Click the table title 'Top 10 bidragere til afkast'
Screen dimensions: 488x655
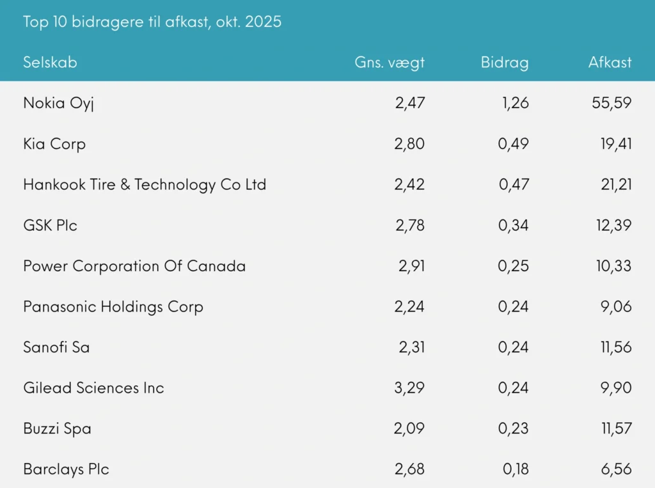152,22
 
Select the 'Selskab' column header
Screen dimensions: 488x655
50,62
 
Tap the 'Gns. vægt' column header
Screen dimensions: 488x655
390,63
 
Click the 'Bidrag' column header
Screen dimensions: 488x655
505,62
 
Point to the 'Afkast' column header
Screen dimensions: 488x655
610,62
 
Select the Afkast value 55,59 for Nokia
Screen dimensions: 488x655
613,103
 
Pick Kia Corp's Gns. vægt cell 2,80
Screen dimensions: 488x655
409,144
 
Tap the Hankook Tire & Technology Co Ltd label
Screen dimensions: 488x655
145,185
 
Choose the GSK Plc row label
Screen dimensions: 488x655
50,225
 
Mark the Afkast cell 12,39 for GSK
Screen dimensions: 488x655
613,225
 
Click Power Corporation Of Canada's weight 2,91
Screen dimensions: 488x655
411,266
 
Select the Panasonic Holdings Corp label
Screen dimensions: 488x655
113,307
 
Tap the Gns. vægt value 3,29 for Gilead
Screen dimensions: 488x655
409,388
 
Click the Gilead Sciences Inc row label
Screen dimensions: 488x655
93,388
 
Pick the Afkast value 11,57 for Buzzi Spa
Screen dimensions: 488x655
615,429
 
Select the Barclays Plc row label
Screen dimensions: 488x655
66,469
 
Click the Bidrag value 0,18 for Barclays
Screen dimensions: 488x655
516,469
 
